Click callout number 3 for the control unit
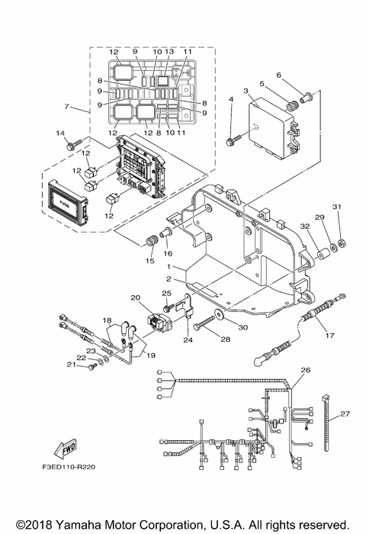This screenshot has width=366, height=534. (246, 91)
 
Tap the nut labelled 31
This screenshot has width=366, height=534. (339, 243)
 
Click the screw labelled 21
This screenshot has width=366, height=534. (91, 366)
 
